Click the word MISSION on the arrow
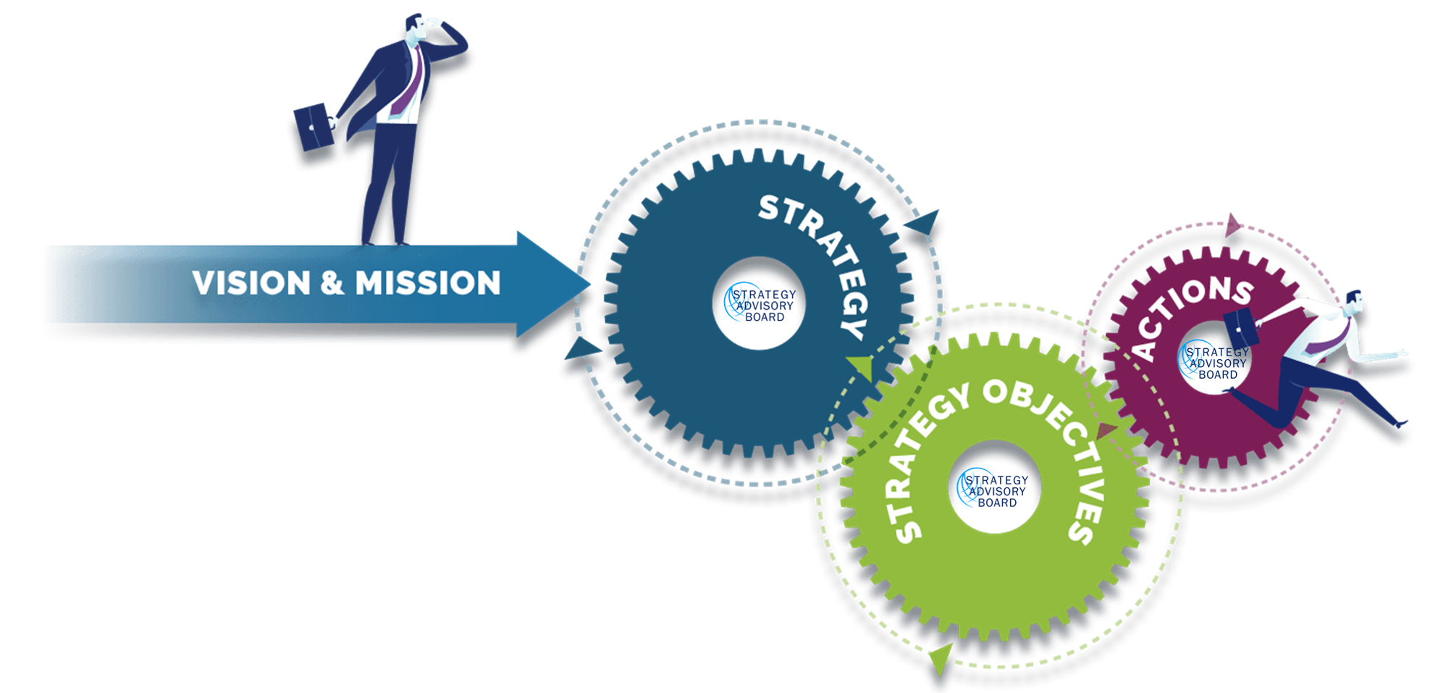pos(427,282)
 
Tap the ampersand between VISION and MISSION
pos(332,282)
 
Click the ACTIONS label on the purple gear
pos(1187,311)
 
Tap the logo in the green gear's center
pos(993,489)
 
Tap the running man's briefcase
pos(1240,327)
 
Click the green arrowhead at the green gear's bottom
pos(939,659)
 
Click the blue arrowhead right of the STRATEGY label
pos(925,221)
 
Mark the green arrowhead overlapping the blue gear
pos(862,366)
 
